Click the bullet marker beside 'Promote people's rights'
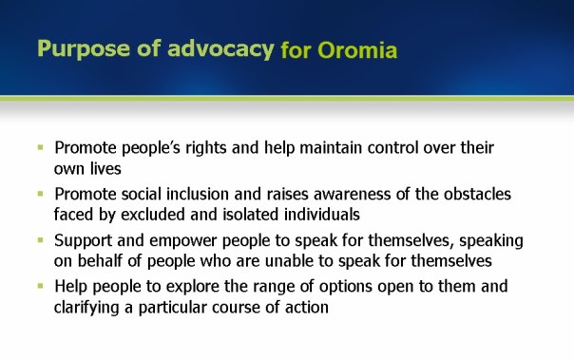pos(41,148)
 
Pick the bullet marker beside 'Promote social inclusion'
pos(41,194)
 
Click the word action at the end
pos(306,308)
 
